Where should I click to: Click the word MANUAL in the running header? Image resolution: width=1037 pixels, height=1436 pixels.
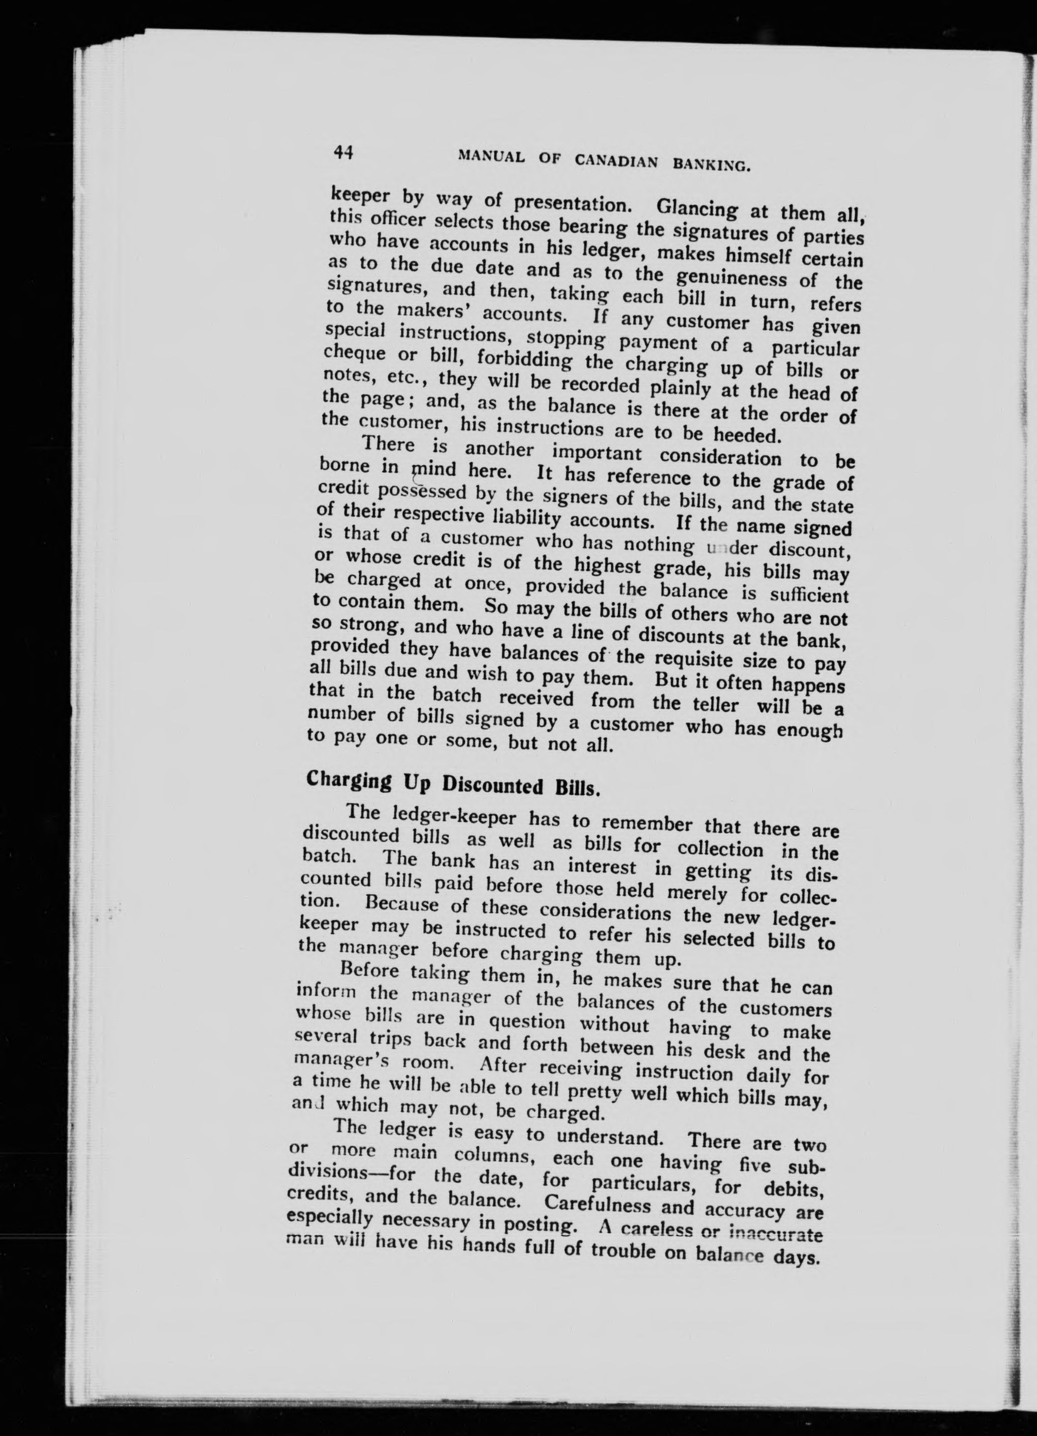(491, 158)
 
